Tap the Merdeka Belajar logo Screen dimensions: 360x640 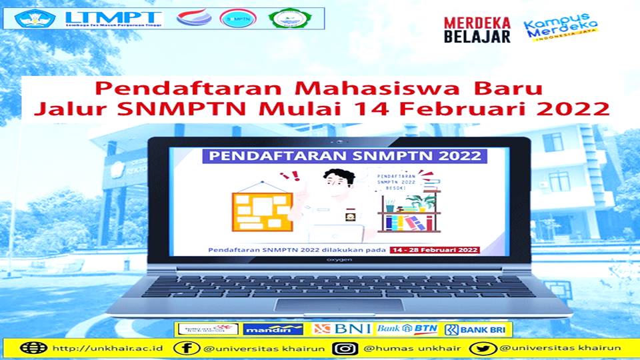(x=477, y=30)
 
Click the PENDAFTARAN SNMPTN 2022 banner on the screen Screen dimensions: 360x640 (x=342, y=157)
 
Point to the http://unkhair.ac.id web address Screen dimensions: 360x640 (x=106, y=349)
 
